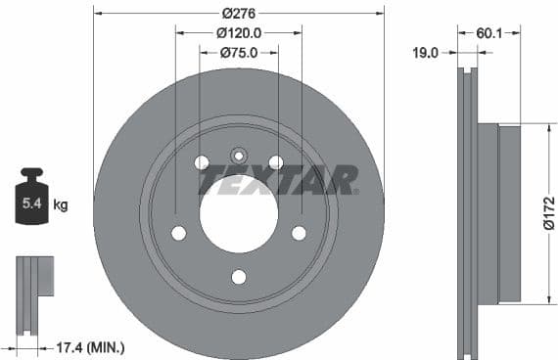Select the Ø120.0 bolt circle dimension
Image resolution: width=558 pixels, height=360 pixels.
pos(238,33)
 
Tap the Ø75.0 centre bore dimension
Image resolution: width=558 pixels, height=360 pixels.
pos(238,53)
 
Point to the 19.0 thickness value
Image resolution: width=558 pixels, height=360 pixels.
pos(424,54)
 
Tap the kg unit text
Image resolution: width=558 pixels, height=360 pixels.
pos(61,204)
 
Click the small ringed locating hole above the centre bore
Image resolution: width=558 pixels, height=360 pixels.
pos(239,155)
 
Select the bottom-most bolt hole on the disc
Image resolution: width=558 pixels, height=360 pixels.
pos(239,277)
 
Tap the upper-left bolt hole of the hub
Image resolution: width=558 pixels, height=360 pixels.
pos(202,162)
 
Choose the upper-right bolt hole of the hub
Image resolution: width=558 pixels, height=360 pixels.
pos(276,162)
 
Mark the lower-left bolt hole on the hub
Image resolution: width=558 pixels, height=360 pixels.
pos(178,233)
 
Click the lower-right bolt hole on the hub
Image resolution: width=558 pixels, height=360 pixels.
pos(299,233)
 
